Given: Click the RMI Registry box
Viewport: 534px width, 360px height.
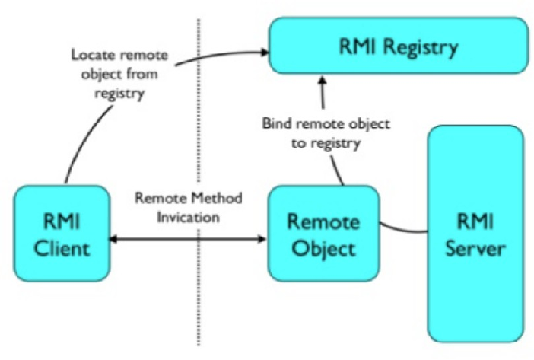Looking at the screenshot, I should point(398,47).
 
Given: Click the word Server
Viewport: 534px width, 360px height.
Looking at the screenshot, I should point(475,247).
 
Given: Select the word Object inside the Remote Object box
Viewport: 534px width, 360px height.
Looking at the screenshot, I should point(323,248).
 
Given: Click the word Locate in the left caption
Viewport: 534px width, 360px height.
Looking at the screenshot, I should point(90,56).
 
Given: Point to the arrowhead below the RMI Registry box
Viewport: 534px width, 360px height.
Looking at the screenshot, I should point(323,79).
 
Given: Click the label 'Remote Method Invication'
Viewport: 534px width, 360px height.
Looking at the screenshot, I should point(188,206).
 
